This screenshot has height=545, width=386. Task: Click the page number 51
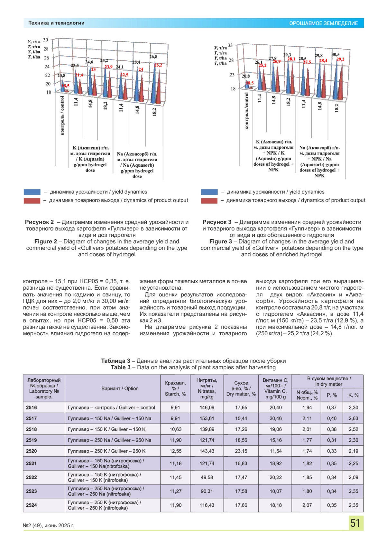(x=355, y=523)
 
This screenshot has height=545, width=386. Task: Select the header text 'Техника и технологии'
(x=56, y=23)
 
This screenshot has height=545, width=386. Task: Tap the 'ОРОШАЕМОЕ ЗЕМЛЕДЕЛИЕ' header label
(x=323, y=23)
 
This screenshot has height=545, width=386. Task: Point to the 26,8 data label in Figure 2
(x=153, y=57)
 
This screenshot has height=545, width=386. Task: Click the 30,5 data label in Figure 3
(x=335, y=55)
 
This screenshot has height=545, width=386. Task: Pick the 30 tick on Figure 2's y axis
(x=46, y=40)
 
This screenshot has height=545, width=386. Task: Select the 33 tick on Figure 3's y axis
(x=230, y=45)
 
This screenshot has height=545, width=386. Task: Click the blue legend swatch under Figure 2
(x=32, y=192)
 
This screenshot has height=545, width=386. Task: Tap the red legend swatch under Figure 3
(x=209, y=201)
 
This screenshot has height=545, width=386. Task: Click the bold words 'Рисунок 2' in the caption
(x=40, y=222)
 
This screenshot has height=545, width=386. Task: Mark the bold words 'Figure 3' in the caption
(x=220, y=242)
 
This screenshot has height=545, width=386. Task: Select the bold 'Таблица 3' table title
(x=115, y=361)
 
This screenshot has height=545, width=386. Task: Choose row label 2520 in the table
(x=32, y=451)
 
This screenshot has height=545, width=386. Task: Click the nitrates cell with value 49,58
(x=207, y=478)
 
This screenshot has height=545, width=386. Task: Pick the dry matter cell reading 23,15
(x=241, y=451)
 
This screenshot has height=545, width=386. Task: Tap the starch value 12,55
(x=175, y=451)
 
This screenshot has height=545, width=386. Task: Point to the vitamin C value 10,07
(x=276, y=491)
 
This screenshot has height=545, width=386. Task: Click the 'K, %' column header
(x=353, y=395)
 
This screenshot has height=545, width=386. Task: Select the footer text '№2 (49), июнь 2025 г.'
(x=48, y=526)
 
